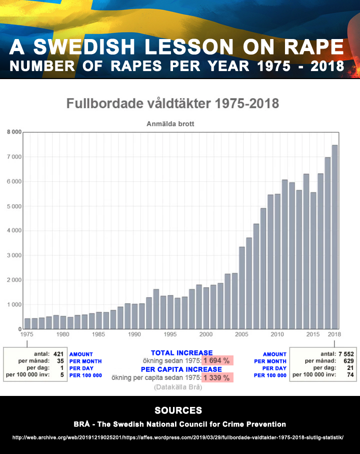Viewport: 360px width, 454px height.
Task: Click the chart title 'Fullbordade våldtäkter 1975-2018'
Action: (172, 104)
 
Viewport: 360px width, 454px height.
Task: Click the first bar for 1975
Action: (27, 323)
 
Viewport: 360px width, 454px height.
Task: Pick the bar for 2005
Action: (242, 288)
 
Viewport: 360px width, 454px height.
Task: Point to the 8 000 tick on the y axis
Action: (13, 132)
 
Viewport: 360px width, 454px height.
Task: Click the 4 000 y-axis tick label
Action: (13, 231)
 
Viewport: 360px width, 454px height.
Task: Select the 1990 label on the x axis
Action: (134, 334)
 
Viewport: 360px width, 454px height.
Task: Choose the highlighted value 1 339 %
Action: (217, 377)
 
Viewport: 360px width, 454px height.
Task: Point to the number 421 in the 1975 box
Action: (58, 354)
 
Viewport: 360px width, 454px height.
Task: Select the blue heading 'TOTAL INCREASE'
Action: (181, 353)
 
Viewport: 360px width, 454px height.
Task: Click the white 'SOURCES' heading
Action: (178, 410)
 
